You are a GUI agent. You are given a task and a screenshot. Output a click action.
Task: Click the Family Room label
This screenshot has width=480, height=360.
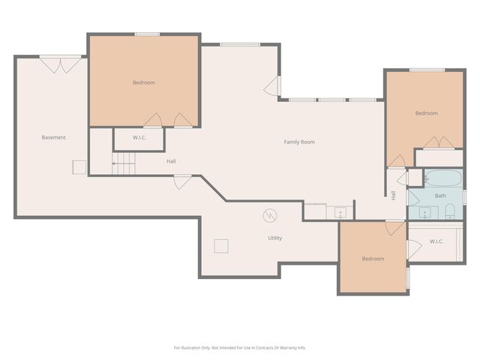coord(299,142)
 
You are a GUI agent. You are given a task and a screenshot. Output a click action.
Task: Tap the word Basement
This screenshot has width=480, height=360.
coord(53,137)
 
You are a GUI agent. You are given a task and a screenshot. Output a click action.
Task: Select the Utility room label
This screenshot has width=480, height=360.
coord(275,238)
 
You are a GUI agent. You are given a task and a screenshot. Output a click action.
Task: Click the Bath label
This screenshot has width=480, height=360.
coord(440,196)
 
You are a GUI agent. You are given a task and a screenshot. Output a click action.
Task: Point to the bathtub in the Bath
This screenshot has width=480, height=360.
coord(443,178)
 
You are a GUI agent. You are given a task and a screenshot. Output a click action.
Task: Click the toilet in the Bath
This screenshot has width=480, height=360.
coord(450,211)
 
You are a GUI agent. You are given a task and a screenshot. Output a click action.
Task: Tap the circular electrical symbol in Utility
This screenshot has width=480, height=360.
coord(270,215)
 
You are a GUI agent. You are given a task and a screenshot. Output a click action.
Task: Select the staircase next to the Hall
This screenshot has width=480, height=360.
coord(123,163)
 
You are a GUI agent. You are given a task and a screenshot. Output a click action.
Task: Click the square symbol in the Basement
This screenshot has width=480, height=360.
coord(79,167)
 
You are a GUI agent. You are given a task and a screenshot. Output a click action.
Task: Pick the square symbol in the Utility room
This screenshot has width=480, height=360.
coord(221,246)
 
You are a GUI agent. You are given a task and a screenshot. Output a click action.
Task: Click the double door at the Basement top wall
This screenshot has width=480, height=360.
coord(61,65)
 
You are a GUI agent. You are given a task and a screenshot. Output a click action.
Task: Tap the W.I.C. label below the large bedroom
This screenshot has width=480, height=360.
coord(139,138)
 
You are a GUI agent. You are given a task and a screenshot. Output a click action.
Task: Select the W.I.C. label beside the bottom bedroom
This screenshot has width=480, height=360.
coord(436,241)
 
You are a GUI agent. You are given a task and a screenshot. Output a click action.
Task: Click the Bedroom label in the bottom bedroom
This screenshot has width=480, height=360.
coord(373,259)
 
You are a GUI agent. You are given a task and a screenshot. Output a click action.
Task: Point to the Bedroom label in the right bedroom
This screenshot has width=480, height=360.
coord(426,113)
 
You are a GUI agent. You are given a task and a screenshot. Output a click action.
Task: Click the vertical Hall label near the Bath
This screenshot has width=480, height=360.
coord(393,195)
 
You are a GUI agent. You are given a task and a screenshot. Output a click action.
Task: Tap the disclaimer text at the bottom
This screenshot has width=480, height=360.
coord(240,348)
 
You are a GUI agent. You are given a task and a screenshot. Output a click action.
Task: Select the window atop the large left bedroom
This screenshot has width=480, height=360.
coord(147,34)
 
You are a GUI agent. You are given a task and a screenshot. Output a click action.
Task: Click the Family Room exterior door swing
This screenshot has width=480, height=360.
coord(271,85)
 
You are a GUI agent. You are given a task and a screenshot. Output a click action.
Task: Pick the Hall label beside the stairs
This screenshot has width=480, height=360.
coord(171,161)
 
